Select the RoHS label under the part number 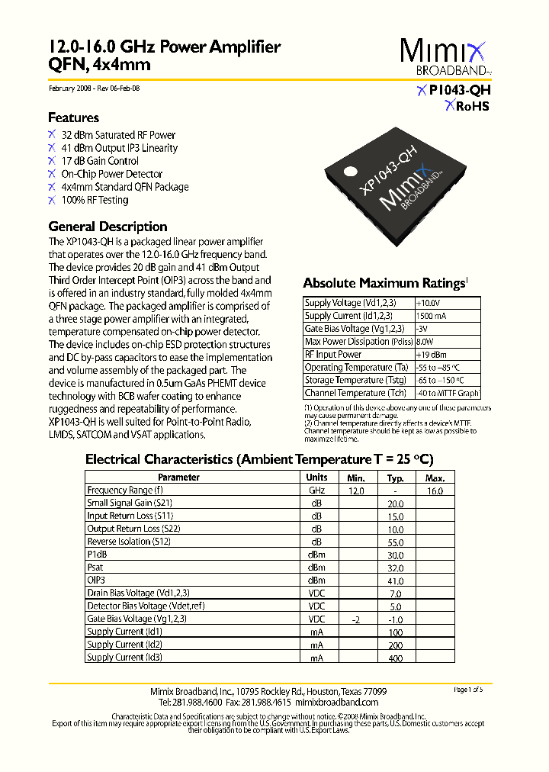(467, 107)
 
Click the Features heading (73, 117)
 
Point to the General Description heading (108, 227)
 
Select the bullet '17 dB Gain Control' (100, 161)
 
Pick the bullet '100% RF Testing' (95, 200)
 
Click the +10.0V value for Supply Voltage (429, 303)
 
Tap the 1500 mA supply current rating (432, 316)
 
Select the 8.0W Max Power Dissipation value (425, 342)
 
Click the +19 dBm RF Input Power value (432, 355)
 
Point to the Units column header (316, 478)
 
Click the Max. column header (435, 478)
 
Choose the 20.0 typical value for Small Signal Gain (395, 503)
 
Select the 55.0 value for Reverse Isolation (395, 542)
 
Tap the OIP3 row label (95, 581)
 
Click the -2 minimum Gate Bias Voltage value (355, 619)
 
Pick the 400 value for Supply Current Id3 (395, 657)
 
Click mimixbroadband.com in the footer (336, 702)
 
